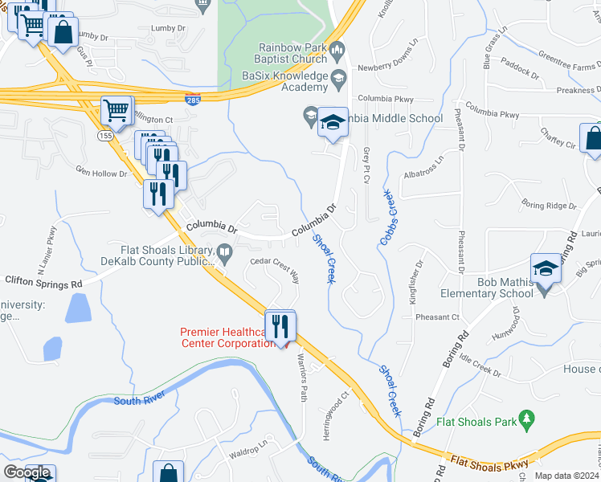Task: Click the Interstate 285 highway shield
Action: click(193, 100)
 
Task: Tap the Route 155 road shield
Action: click(104, 137)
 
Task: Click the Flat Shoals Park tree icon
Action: click(527, 419)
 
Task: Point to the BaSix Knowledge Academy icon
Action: click(338, 78)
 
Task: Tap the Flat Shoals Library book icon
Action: click(226, 256)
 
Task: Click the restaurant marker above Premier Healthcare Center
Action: click(280, 326)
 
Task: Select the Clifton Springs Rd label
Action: click(43, 282)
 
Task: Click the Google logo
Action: click(27, 472)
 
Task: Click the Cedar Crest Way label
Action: click(275, 269)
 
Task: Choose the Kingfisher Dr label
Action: click(418, 276)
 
